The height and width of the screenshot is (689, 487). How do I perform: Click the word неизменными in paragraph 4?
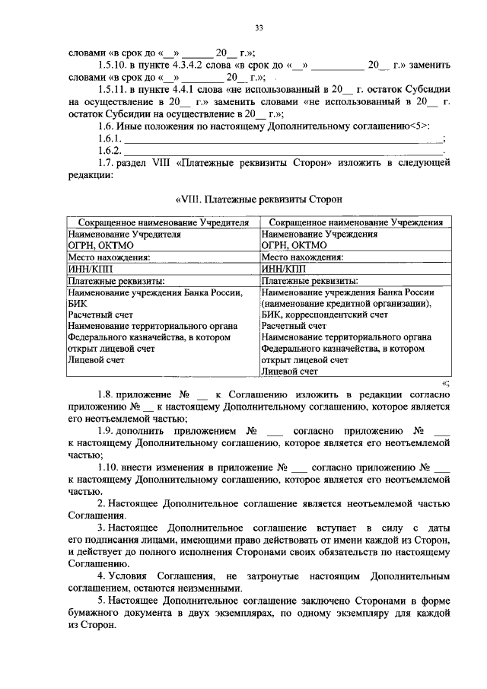point(207,588)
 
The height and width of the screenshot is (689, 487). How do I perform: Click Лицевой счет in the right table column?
point(289,372)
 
